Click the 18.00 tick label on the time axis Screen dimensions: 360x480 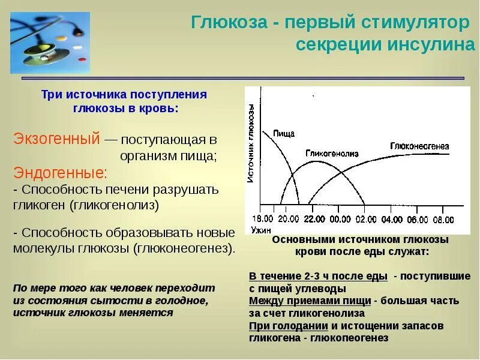point(262,218)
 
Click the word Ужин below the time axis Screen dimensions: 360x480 point(262,228)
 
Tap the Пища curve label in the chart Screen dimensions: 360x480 point(283,133)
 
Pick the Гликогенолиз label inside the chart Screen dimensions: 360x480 point(332,154)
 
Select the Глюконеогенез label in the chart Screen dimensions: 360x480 point(419,146)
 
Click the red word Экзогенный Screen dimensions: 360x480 point(56,139)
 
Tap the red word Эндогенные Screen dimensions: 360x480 point(60,173)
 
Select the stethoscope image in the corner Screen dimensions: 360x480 point(50,42)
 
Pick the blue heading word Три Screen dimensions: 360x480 point(52,94)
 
